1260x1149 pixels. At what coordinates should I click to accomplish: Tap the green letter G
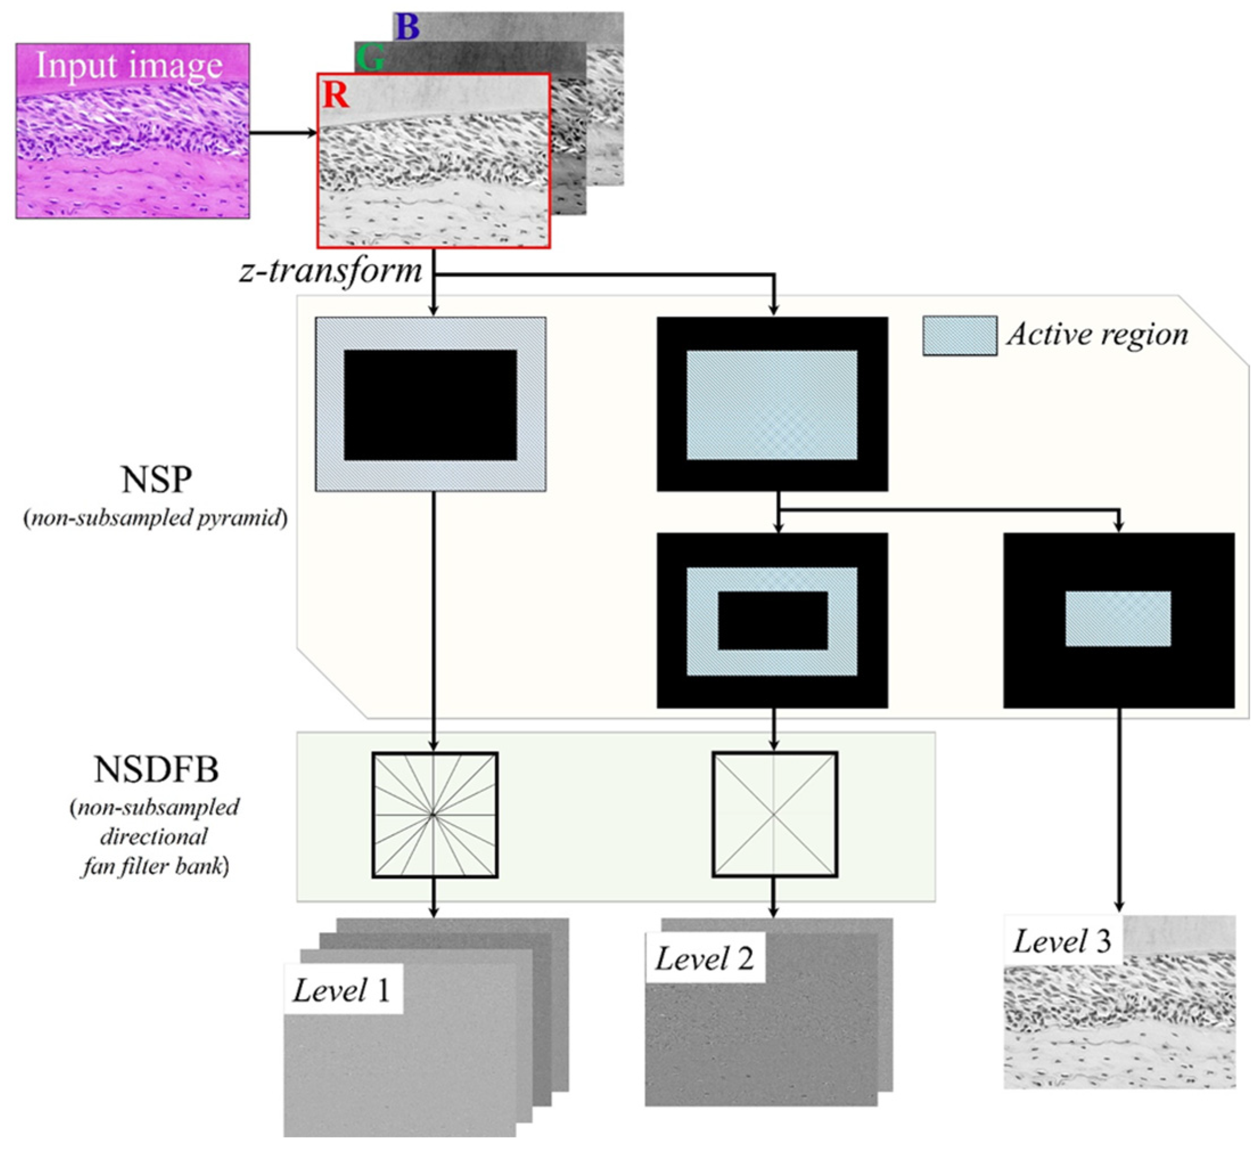370,59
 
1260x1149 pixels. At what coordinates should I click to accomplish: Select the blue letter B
408,27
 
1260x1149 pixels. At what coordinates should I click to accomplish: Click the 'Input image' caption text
129,65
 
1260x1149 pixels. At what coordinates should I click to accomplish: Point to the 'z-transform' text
331,272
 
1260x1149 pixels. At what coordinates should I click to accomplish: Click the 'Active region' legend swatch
959,336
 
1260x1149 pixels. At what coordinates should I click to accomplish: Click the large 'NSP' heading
156,480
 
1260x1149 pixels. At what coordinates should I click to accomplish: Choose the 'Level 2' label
704,959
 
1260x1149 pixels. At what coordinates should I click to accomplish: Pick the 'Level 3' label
1062,941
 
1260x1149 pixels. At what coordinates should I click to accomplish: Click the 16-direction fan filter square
434,815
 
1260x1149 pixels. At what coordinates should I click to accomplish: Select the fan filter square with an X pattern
774,815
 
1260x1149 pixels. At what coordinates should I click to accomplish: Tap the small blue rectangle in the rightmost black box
1118,619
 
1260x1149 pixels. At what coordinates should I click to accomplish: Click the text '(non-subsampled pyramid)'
155,518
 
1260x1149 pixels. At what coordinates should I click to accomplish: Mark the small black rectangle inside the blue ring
773,621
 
